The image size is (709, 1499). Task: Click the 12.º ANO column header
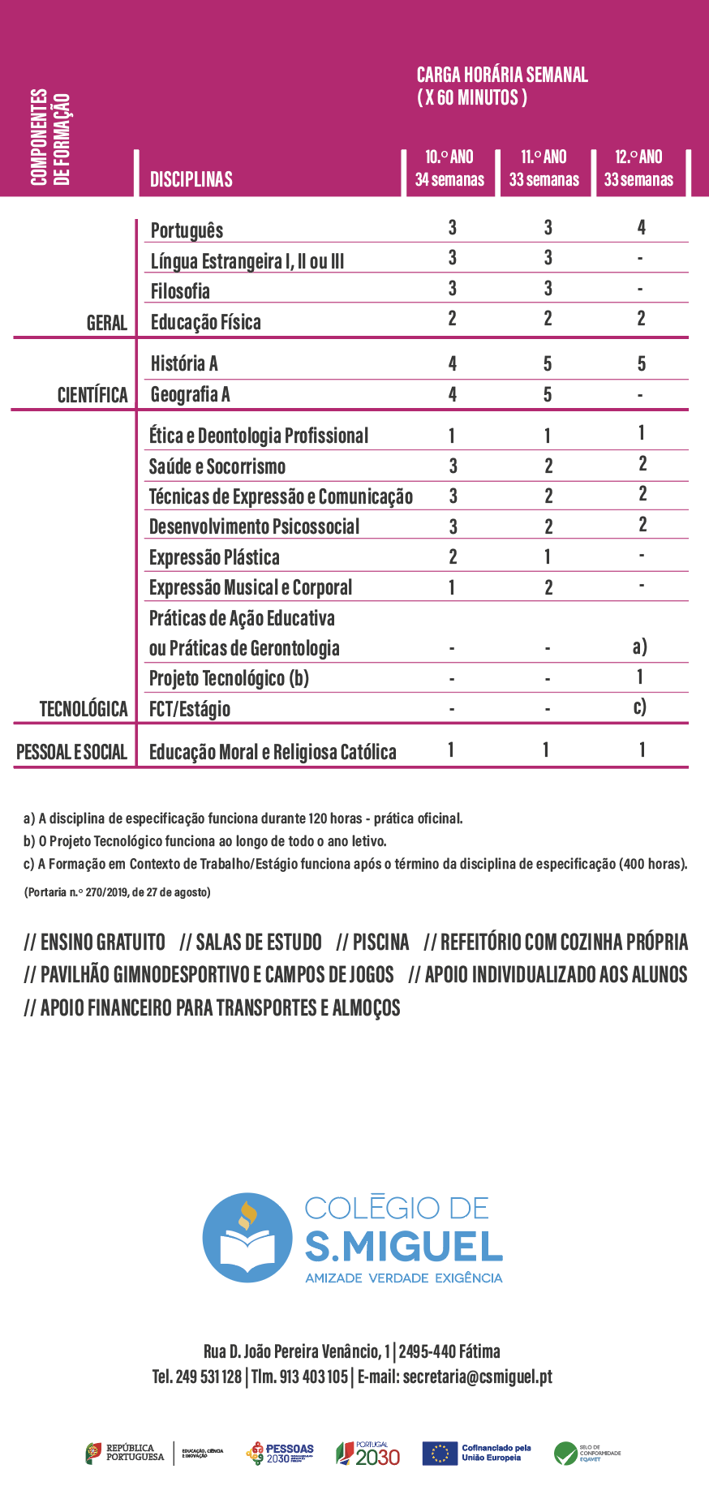point(638,168)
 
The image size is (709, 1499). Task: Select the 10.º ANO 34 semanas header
point(449,168)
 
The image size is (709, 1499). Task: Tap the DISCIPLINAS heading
point(191,179)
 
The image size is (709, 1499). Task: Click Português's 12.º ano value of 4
point(641,228)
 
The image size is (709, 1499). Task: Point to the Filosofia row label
point(180,291)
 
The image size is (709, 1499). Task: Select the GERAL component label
point(106,323)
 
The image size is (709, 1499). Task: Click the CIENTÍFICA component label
point(92,395)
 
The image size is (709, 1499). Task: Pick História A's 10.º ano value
point(452,363)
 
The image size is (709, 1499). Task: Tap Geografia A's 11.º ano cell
point(548,394)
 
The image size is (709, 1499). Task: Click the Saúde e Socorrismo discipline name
point(217,466)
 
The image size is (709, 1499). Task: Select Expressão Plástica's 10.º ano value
point(453,556)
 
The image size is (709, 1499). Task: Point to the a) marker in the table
point(639,646)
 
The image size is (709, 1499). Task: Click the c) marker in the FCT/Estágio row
point(639,707)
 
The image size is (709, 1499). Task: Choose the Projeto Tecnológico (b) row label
point(229,678)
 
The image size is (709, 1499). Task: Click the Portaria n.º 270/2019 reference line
point(117,892)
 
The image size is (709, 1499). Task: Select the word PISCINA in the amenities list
point(380,943)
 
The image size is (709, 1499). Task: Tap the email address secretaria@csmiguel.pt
point(477,1377)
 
